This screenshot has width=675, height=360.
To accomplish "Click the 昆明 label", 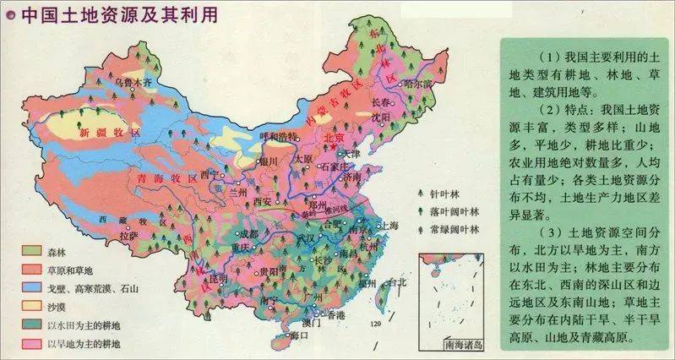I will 218,278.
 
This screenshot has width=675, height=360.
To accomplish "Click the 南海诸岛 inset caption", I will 454,345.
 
